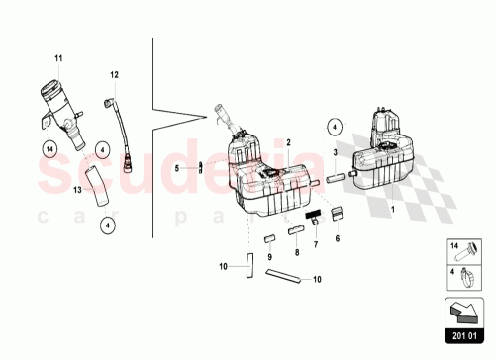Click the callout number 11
pyautogui.click(x=57, y=60)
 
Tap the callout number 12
pyautogui.click(x=114, y=75)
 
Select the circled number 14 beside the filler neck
pyautogui.click(x=49, y=150)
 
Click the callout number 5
pyautogui.click(x=179, y=168)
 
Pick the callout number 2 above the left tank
pyautogui.click(x=288, y=143)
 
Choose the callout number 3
pyautogui.click(x=336, y=152)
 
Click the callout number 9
pyautogui.click(x=269, y=256)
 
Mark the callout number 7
pyautogui.click(x=315, y=245)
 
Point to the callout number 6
pyautogui.click(x=337, y=238)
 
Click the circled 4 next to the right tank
pyautogui.click(x=335, y=127)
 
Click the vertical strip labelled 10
pyautogui.click(x=249, y=266)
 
